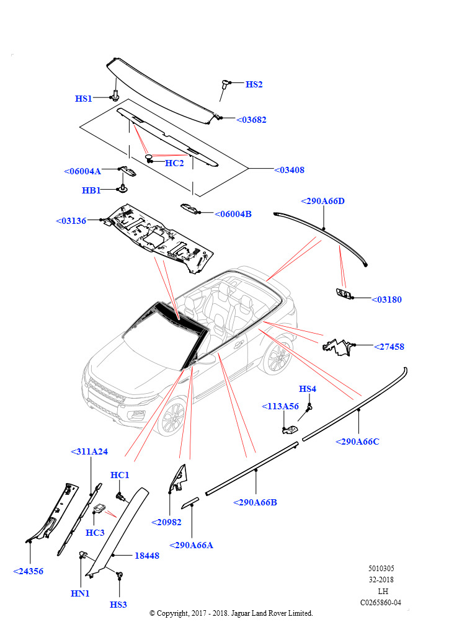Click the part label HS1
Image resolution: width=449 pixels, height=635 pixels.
84,99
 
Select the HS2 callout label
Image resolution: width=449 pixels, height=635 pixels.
254,84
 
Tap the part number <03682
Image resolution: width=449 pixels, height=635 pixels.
252,120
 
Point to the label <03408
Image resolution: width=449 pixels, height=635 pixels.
289,169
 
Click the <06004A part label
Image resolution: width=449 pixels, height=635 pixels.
82,171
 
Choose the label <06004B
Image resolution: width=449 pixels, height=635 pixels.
233,214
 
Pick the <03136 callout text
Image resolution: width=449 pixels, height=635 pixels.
71,221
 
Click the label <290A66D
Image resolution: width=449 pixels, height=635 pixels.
322,201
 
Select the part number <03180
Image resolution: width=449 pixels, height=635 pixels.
386,300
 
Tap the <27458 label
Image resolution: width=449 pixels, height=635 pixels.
389,347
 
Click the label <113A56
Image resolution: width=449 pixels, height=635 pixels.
280,406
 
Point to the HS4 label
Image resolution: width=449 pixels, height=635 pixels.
308,389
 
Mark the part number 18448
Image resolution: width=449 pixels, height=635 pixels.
147,556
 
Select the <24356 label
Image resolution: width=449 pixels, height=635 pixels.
29,571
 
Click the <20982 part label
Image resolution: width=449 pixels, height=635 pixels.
166,522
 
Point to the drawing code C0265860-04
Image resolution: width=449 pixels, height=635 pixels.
380,602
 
